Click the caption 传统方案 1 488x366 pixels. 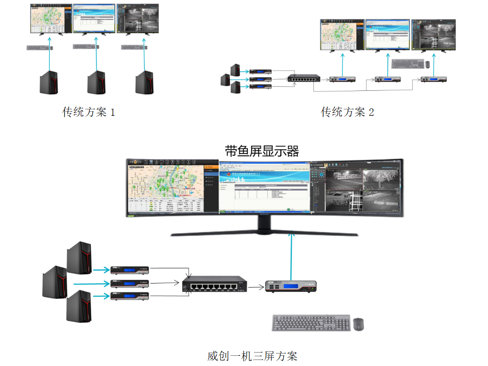pyautogui.click(x=88, y=112)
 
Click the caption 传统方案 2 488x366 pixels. pyautogui.click(x=347, y=112)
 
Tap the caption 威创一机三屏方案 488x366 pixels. pyautogui.click(x=252, y=356)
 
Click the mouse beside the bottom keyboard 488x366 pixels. pyautogui.click(x=358, y=324)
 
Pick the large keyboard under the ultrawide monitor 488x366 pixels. pyautogui.click(x=311, y=323)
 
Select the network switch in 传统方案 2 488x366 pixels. pyautogui.click(x=303, y=78)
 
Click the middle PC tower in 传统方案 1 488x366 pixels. pyautogui.click(x=96, y=82)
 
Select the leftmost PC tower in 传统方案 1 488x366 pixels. pyautogui.click(x=48, y=82)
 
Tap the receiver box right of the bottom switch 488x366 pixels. pyautogui.click(x=291, y=287)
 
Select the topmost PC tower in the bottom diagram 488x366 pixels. pyautogui.click(x=79, y=260)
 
